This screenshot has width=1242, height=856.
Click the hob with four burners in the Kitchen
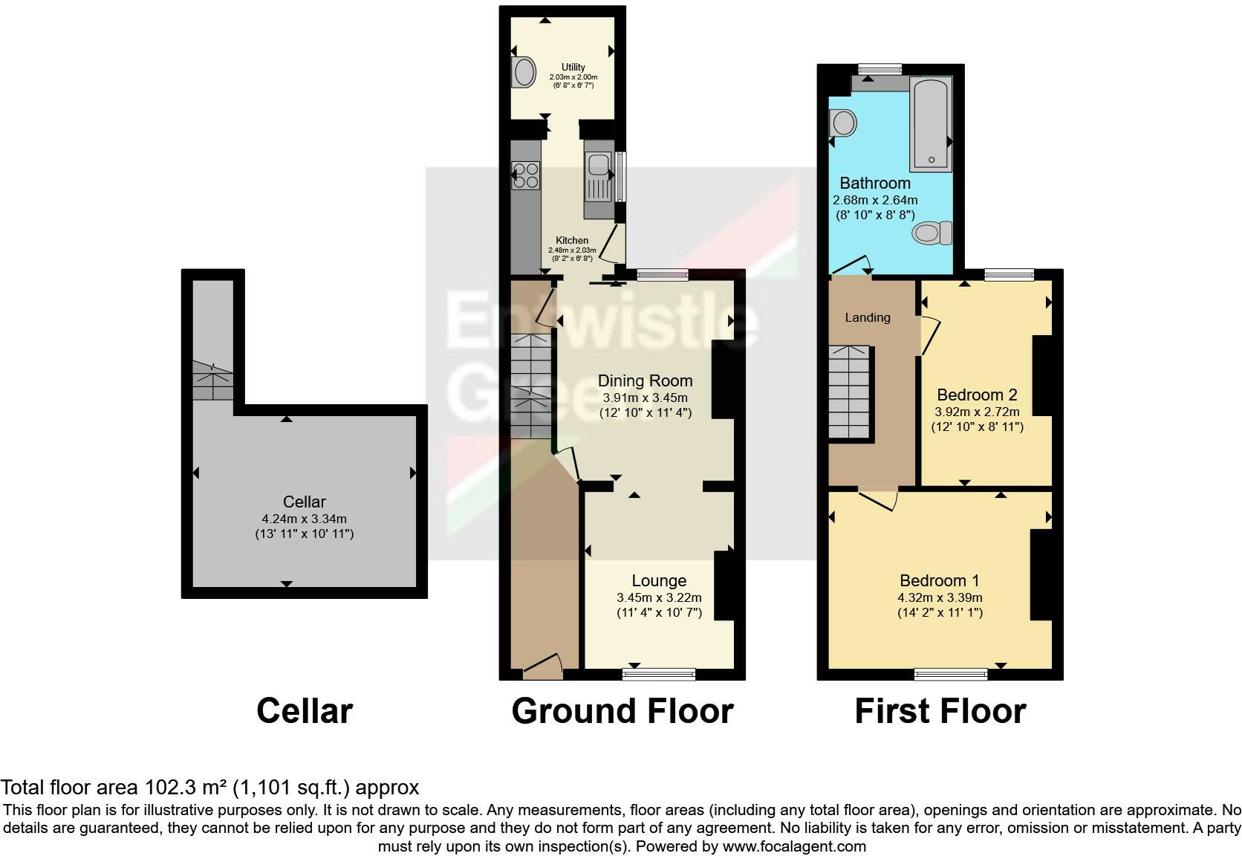click(525, 175)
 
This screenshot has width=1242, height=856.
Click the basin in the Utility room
click(524, 73)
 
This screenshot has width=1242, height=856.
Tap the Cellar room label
click(304, 502)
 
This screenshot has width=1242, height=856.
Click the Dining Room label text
click(645, 380)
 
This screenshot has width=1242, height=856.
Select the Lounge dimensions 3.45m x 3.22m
click(659, 597)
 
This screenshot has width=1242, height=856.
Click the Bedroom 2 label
click(976, 395)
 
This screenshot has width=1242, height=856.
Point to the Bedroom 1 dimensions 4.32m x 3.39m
click(940, 597)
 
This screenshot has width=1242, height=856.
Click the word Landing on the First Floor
click(867, 317)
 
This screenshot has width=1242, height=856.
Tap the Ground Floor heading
click(622, 711)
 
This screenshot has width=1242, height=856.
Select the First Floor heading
click(940, 711)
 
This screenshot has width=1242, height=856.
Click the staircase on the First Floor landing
click(849, 392)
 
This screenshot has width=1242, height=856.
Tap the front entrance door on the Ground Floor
click(542, 667)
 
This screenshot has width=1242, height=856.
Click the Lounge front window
click(658, 674)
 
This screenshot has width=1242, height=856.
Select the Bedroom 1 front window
click(951, 674)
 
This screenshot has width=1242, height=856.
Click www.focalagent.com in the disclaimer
click(794, 846)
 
